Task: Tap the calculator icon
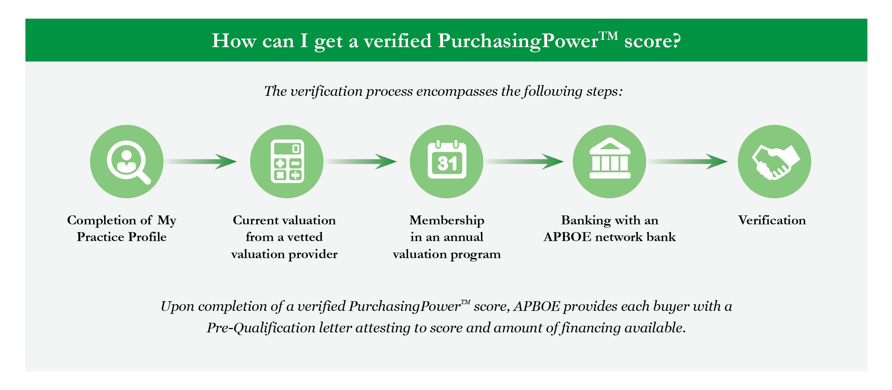tap(287, 161)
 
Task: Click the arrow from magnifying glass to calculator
tap(201, 162)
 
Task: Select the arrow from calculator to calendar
tap(361, 162)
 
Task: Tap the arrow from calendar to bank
tap(524, 162)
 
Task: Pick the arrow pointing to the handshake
tap(688, 162)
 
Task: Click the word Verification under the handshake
tap(772, 220)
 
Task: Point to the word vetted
tap(305, 237)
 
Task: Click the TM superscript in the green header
tap(609, 36)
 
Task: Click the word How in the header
tap(234, 40)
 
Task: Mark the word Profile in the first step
tap(148, 237)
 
